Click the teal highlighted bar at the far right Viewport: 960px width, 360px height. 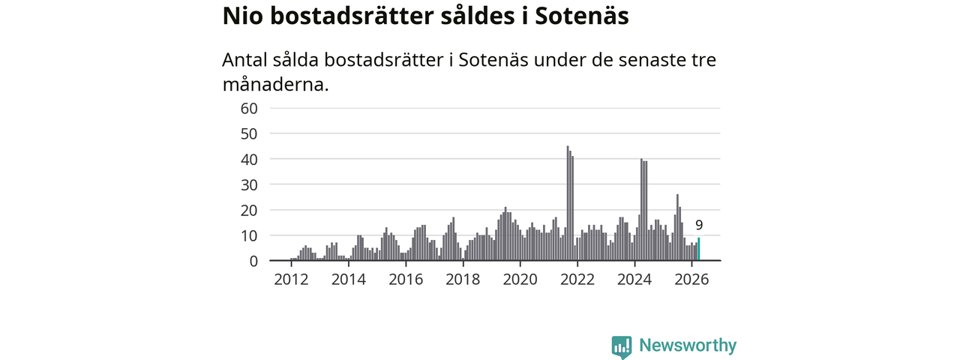pyautogui.click(x=698, y=249)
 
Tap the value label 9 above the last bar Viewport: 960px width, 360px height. pyautogui.click(x=699, y=225)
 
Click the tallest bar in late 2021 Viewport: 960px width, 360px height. pyautogui.click(x=568, y=203)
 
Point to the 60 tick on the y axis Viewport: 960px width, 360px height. pyautogui.click(x=249, y=109)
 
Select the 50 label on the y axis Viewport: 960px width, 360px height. pyautogui.click(x=249, y=133)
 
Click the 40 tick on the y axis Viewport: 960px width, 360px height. pyautogui.click(x=249, y=160)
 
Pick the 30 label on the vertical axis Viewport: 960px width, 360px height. pyautogui.click(x=249, y=184)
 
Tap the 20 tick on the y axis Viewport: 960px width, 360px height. pyautogui.click(x=249, y=211)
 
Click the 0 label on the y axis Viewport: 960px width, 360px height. pyautogui.click(x=253, y=261)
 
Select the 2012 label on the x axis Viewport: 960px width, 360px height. pyautogui.click(x=292, y=280)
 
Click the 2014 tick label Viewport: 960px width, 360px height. pyautogui.click(x=349, y=280)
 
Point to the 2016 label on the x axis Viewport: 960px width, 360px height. pyautogui.click(x=406, y=280)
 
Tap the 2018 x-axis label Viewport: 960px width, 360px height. pyautogui.click(x=463, y=280)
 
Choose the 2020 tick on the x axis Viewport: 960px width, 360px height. pyautogui.click(x=520, y=280)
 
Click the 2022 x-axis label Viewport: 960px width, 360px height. pyautogui.click(x=577, y=280)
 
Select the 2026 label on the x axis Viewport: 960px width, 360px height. pyautogui.click(x=691, y=280)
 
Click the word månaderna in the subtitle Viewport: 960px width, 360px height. pyautogui.click(x=275, y=85)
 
